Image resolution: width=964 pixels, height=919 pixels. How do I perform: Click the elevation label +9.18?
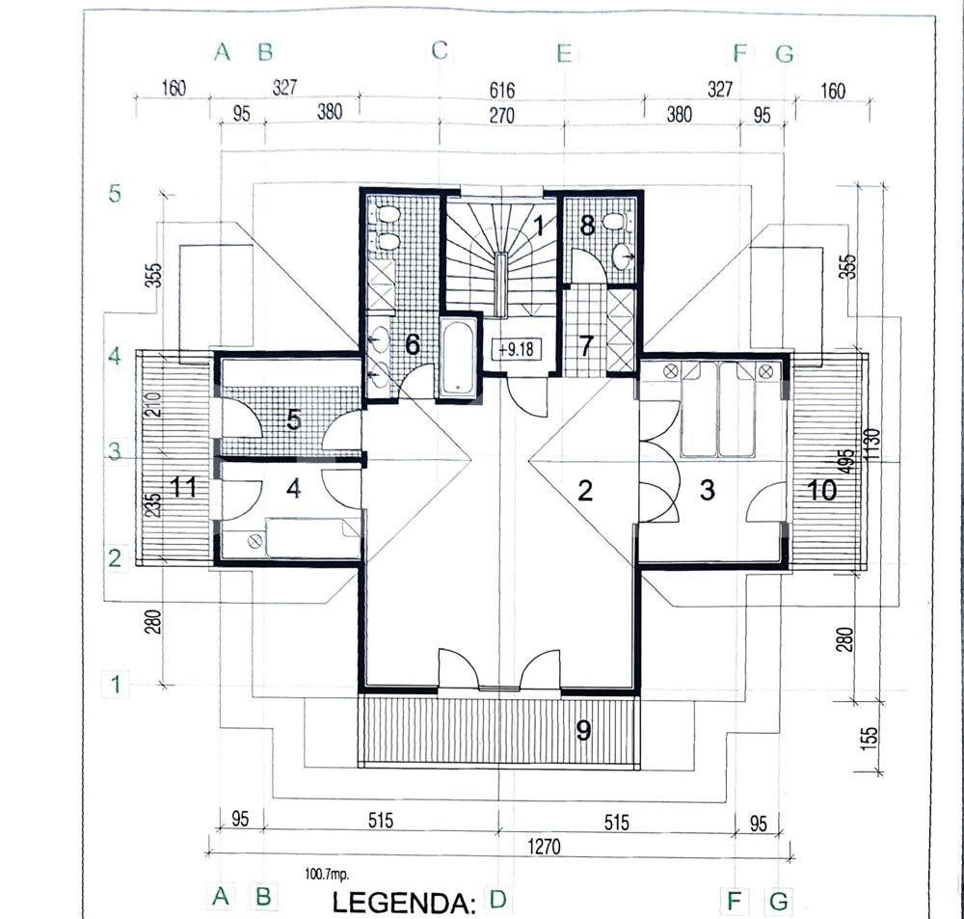pos(519,349)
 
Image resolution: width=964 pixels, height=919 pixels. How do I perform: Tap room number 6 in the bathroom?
pos(412,344)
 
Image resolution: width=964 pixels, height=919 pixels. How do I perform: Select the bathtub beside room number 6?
pos(457,359)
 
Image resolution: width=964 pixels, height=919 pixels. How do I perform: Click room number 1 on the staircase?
pos(540,228)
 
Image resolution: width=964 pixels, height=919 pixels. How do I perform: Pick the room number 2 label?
pos(584,491)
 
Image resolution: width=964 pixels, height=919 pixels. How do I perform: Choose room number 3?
pos(708,489)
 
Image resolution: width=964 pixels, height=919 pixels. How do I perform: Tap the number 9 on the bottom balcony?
pos(582,730)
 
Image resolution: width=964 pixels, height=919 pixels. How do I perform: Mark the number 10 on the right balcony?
pos(821,490)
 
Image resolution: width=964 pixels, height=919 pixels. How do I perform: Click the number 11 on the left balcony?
pos(183,487)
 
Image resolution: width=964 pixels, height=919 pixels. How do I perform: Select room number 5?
pos(294,420)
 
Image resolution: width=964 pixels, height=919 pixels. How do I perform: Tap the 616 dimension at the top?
pos(502,91)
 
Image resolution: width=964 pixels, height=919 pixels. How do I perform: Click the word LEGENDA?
pos(404,904)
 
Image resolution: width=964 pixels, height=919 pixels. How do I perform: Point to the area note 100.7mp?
pos(328,874)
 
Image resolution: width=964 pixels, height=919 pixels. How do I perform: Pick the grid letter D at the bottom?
pos(497,900)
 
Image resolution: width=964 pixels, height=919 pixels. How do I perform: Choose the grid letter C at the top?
pos(440,51)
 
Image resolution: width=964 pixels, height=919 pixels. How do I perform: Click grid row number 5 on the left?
pos(115,194)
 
